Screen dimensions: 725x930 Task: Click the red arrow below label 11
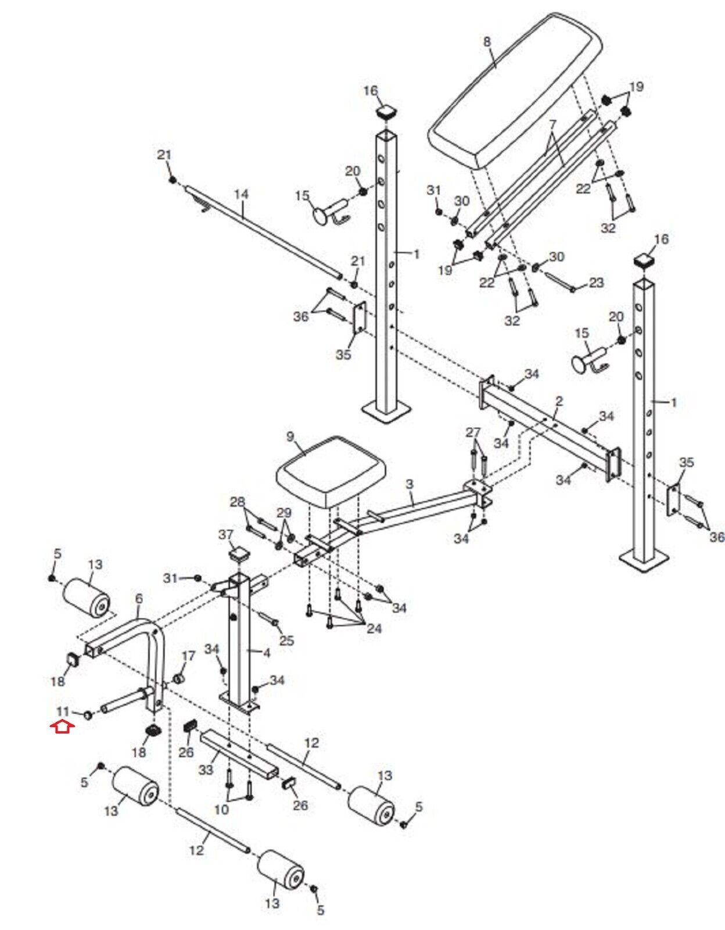[62, 726]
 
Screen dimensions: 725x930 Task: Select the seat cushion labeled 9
[331, 471]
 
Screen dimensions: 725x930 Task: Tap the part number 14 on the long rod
[241, 194]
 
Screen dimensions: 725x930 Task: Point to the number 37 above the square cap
[238, 535]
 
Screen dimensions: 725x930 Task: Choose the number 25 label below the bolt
[286, 641]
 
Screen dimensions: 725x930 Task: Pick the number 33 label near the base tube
[206, 770]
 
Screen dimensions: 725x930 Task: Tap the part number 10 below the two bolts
[221, 809]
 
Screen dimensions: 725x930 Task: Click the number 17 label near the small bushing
[188, 656]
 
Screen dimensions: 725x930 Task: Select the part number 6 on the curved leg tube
[139, 599]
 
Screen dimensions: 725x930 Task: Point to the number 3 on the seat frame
[410, 485]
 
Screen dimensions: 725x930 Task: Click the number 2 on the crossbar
[559, 402]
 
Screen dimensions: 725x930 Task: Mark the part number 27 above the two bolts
[473, 432]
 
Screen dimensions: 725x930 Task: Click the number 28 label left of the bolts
[238, 502]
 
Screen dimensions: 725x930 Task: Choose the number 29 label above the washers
[283, 512]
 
